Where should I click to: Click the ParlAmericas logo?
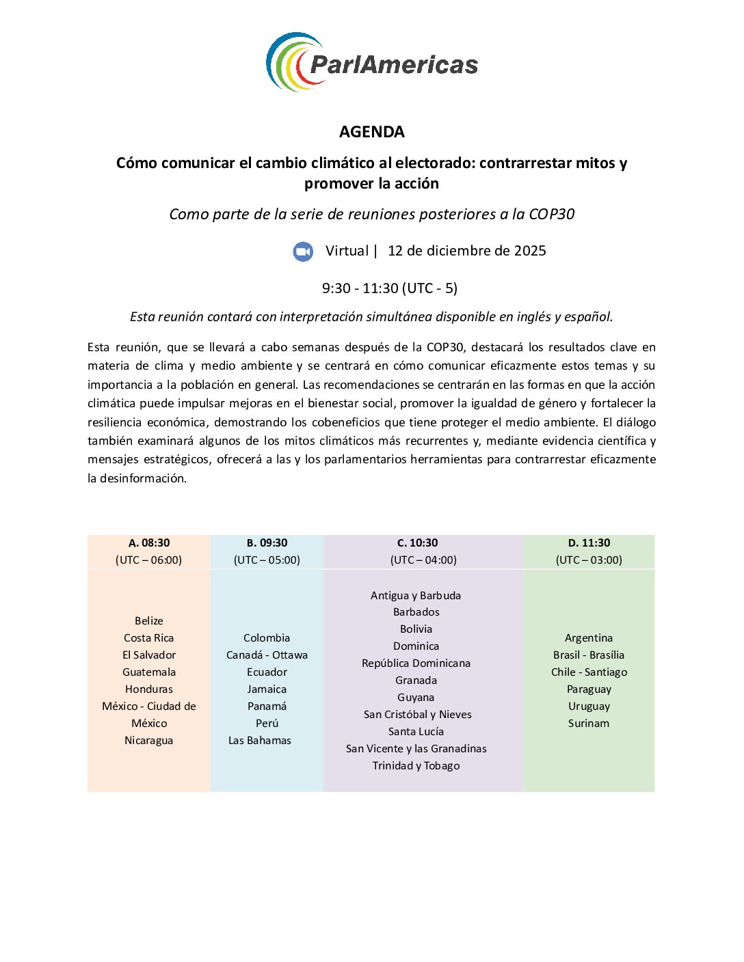371,63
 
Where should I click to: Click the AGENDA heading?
371,132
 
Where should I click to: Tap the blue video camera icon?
303,251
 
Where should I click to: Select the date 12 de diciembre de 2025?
466,251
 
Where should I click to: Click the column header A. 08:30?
149,543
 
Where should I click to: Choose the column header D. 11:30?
589,543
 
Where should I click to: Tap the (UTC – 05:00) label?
267,560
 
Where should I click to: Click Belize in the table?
149,621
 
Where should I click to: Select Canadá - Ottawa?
267,655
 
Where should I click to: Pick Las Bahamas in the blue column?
260,741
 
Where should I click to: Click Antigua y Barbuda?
416,596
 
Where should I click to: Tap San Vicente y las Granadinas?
416,749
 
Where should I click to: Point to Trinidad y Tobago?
416,766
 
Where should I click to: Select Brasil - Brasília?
589,655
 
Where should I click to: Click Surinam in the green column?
589,724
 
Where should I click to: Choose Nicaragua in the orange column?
149,741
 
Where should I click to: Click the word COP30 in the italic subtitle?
551,215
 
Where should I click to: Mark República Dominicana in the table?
416,663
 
